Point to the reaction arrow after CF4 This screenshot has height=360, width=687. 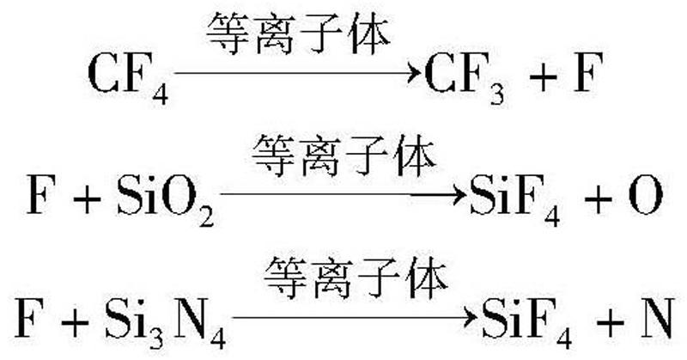coord(297,76)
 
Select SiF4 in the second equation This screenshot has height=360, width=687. coord(514,199)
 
